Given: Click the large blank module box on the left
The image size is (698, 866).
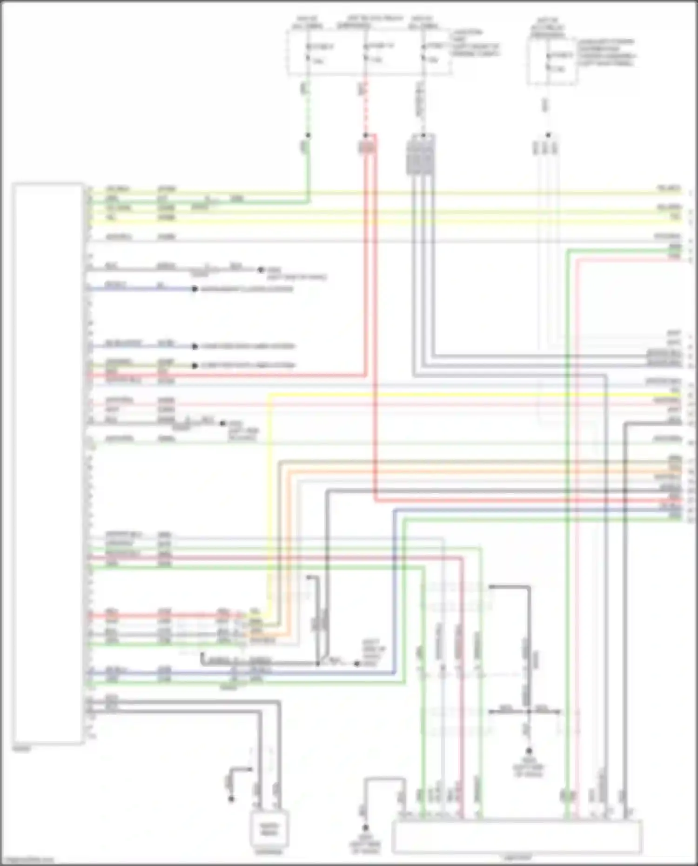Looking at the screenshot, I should point(48,463).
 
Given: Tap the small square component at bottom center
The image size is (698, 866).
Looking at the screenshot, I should point(269,829).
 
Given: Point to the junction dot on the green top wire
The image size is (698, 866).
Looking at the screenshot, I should point(308,135).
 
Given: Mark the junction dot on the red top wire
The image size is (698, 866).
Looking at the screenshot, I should point(366,135).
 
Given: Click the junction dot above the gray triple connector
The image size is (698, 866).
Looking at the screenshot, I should point(423,136).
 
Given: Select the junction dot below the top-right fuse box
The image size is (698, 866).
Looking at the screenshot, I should point(548,135).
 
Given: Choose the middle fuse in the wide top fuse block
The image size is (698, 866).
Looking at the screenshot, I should point(366,53).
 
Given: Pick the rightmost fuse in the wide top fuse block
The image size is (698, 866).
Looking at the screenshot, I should point(423,53).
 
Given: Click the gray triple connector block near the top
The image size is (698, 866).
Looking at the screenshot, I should point(421,156).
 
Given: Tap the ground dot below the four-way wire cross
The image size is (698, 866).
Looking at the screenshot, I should point(529,751).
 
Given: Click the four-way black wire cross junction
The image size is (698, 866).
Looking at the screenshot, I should point(529,712).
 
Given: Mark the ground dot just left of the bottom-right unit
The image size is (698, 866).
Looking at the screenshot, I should point(366,828).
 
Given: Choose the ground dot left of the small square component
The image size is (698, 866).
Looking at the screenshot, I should point(231,799).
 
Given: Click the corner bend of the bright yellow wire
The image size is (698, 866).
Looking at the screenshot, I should point(269,396).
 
